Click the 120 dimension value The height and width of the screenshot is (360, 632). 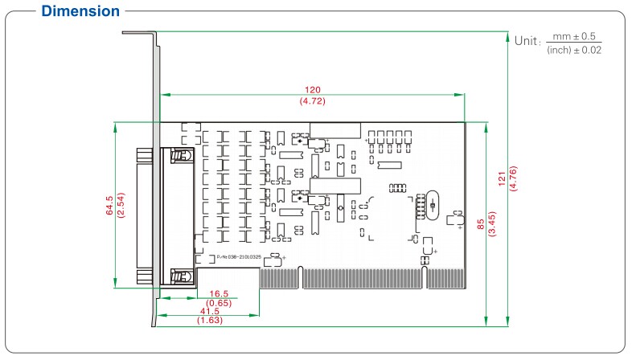click(311, 89)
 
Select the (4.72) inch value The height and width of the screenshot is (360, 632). click(311, 102)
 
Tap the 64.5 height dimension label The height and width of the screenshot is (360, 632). click(109, 206)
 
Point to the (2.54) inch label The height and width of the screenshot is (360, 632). click(121, 206)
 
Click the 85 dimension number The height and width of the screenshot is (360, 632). click(480, 226)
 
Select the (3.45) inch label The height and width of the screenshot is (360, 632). click(492, 226)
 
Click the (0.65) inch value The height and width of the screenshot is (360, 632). click(220, 303)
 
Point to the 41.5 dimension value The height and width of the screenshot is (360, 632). click(209, 311)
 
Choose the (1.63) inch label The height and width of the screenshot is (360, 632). click(209, 320)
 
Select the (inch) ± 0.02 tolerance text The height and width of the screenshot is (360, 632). click(574, 50)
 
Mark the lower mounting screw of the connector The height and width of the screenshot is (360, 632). click(183, 277)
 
